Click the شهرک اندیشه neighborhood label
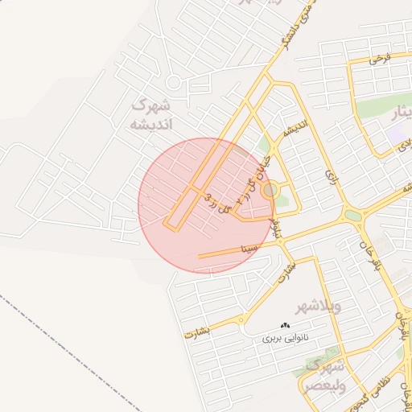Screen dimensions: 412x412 (x=150, y=114)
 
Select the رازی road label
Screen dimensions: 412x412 (x=330, y=175)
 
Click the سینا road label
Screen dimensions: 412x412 (x=249, y=248)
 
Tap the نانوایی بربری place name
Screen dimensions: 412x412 (x=286, y=339)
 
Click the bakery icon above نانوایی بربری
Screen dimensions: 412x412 (x=285, y=325)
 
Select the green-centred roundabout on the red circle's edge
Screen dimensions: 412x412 (x=270, y=191)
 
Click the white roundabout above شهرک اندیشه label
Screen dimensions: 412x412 (x=173, y=81)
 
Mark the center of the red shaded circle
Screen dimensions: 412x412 (x=206, y=205)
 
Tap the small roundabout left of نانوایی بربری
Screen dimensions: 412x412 (x=241, y=320)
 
